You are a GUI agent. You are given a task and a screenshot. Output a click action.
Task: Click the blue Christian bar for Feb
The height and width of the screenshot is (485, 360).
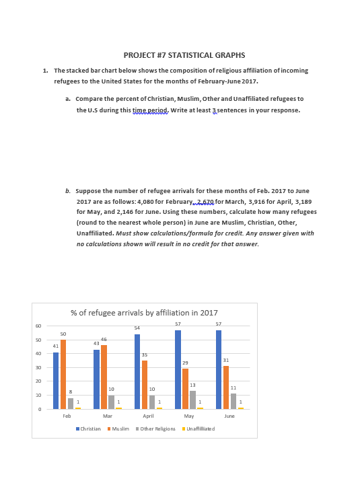(x=56, y=381)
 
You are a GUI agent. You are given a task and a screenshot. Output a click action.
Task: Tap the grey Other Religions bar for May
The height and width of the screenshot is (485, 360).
(x=193, y=400)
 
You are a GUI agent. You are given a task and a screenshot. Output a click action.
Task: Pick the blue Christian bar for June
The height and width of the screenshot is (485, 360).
(x=219, y=369)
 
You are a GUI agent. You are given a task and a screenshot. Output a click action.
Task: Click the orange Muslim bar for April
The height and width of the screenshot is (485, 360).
(x=145, y=385)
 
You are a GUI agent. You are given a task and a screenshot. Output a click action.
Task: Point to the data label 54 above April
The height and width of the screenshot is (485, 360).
(x=137, y=328)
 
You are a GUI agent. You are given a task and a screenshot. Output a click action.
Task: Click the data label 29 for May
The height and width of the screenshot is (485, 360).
(x=185, y=363)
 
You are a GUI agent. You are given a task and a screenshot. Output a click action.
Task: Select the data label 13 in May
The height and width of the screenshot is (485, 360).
(x=193, y=385)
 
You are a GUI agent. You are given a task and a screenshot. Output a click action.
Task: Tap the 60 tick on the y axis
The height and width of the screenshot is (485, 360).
(x=38, y=326)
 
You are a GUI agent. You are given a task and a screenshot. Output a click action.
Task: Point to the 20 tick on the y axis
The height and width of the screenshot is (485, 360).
(x=38, y=381)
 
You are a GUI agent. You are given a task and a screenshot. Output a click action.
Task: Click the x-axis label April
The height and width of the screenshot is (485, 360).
(x=148, y=416)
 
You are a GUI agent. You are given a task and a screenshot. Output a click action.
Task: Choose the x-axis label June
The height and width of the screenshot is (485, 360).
(x=229, y=416)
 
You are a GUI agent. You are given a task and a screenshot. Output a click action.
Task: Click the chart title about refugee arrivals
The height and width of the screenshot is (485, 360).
(x=144, y=313)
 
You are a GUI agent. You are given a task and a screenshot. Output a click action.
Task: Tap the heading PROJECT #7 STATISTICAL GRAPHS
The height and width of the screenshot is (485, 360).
(x=184, y=55)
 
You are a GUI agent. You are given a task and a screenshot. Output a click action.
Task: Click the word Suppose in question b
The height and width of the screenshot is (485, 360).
(x=88, y=191)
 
